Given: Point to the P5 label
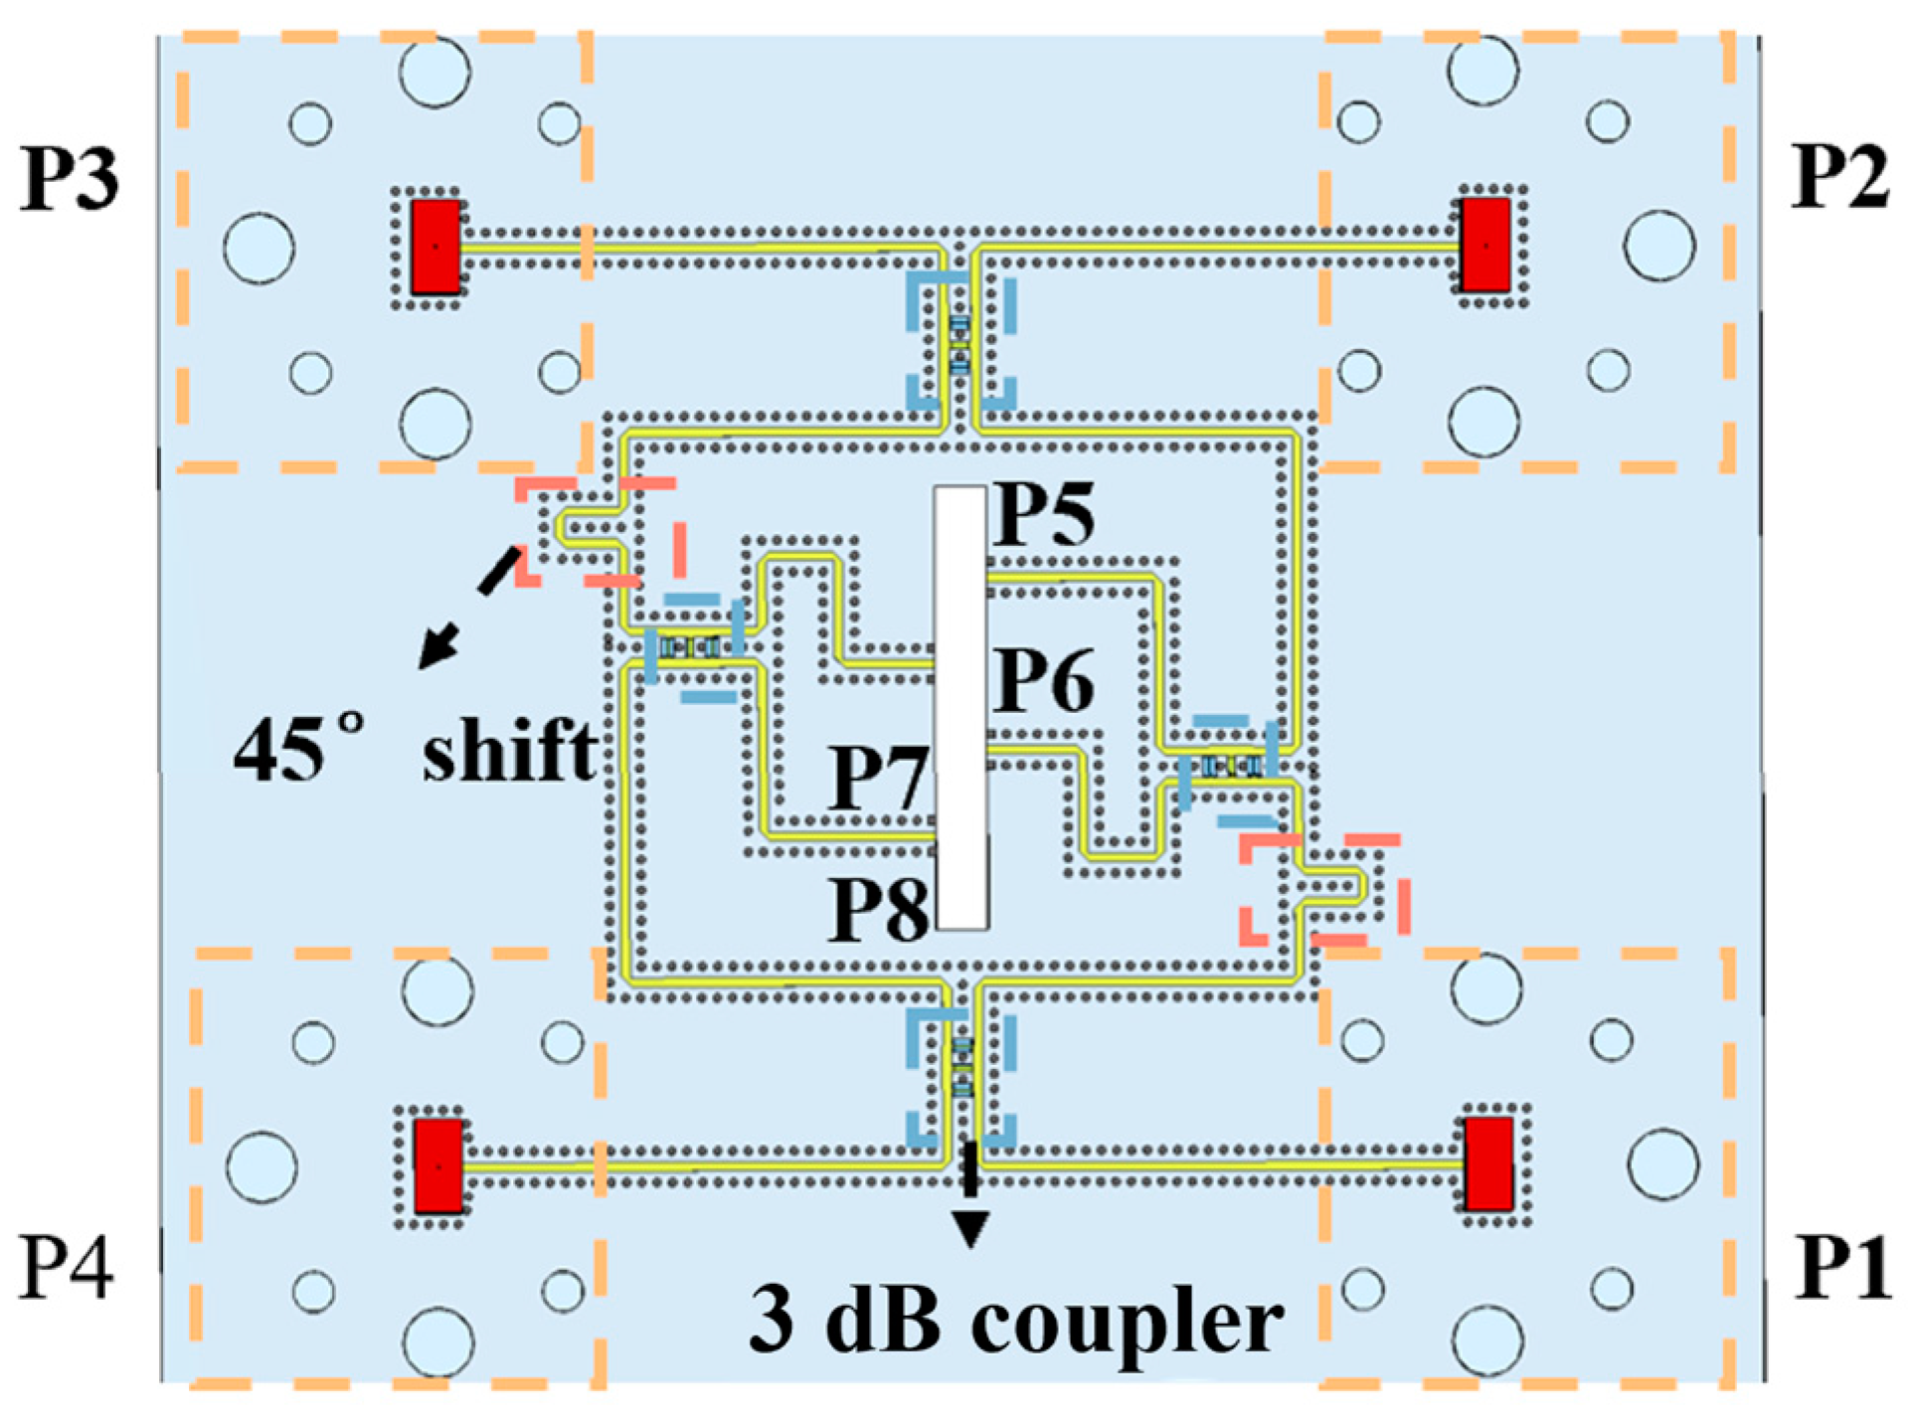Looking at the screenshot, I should coord(1044,514).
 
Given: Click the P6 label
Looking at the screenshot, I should coord(1044,681).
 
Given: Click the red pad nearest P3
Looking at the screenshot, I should coord(436,246).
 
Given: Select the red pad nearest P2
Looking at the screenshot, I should coord(1485,245).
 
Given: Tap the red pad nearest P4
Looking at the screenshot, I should coord(437,1165).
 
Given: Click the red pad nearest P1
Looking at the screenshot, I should coord(1488,1163).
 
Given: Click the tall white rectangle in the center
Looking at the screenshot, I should coord(960,707).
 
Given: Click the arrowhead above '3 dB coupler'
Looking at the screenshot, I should coord(970,1229).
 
